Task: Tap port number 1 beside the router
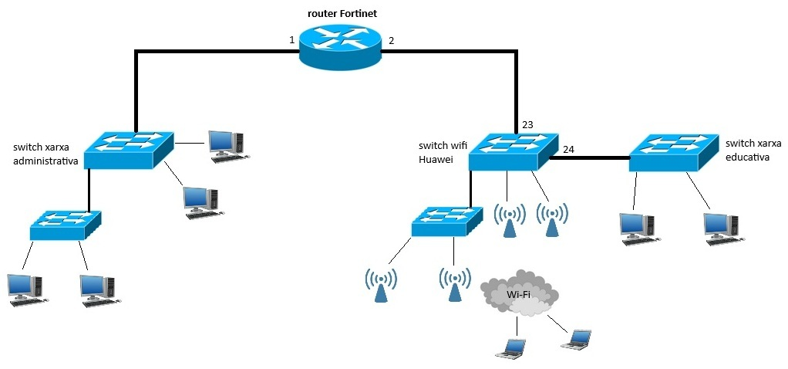(x=292, y=39)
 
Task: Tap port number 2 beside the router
(x=391, y=39)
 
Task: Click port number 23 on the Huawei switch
(x=527, y=124)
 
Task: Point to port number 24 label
(x=569, y=149)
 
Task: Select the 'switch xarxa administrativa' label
(x=45, y=154)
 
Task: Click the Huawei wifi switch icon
(x=513, y=151)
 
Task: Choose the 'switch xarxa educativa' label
(x=753, y=151)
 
